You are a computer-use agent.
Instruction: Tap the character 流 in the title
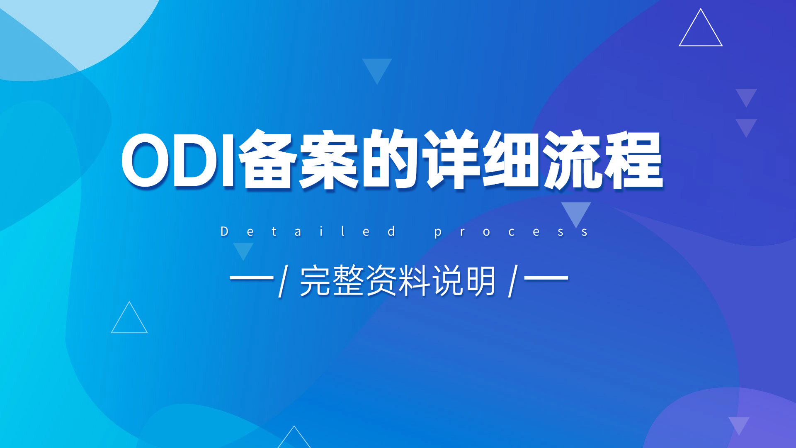[x=573, y=159]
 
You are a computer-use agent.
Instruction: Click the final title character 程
[x=633, y=159]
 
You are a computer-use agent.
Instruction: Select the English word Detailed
[x=308, y=231]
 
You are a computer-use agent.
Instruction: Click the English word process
[x=511, y=232]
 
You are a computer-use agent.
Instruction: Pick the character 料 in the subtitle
[x=414, y=280]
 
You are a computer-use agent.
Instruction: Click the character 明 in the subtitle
[x=480, y=281]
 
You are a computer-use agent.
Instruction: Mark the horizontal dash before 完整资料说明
[x=252, y=278]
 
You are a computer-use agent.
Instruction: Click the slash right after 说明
[x=513, y=281]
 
